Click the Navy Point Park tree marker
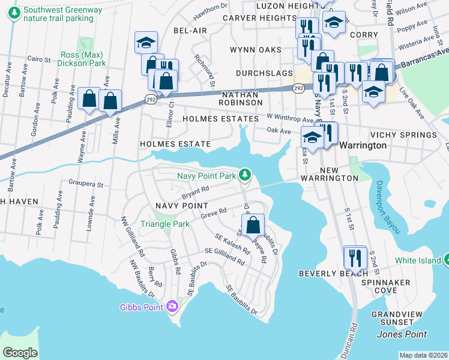244,175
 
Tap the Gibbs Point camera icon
172,307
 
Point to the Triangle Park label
164,224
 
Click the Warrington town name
363,145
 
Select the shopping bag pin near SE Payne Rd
255,225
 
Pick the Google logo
20,352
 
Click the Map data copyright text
423,355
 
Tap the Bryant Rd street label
196,192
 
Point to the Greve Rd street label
213,213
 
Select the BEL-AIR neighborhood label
185,30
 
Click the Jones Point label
402,334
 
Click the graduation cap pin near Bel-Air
146,42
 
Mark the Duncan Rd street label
354,338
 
